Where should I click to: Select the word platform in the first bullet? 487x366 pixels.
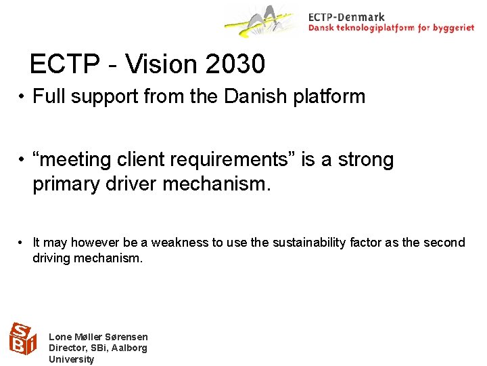coord(331,96)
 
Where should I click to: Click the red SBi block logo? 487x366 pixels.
coord(22,339)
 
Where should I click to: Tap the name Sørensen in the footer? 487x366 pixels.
coord(125,337)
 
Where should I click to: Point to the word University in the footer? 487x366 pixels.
coord(72,359)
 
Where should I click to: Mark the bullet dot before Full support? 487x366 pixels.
coord(22,97)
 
